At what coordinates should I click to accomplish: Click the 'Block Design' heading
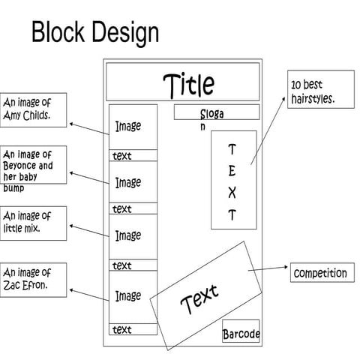pyautogui.click(x=94, y=33)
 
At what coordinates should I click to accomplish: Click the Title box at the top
pyautogui.click(x=182, y=82)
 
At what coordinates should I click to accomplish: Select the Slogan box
pyautogui.click(x=216, y=113)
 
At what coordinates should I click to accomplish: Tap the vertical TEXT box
pyautogui.click(x=232, y=180)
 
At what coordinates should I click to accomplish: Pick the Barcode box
pyautogui.click(x=241, y=334)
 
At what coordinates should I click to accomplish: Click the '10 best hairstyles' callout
pyautogui.click(x=321, y=89)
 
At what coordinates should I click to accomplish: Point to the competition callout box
pyautogui.click(x=320, y=273)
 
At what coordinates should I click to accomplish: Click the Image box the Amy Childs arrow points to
pyautogui.click(x=133, y=127)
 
